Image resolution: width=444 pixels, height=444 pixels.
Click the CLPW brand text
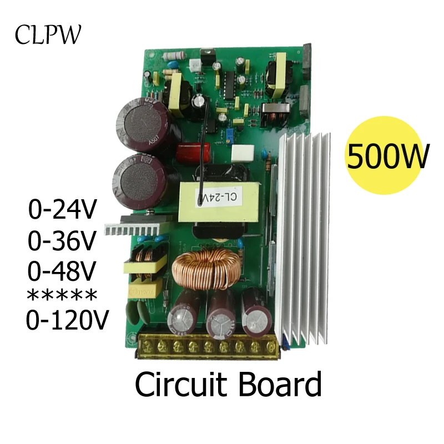[x=48, y=34]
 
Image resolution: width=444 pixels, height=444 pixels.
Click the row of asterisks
[x=62, y=295]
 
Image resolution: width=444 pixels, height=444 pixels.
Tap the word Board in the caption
[x=281, y=385]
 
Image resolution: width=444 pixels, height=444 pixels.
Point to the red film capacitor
[x=191, y=152]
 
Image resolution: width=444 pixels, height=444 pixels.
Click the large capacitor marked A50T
[x=141, y=122]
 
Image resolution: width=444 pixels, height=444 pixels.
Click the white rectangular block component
[x=243, y=151]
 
